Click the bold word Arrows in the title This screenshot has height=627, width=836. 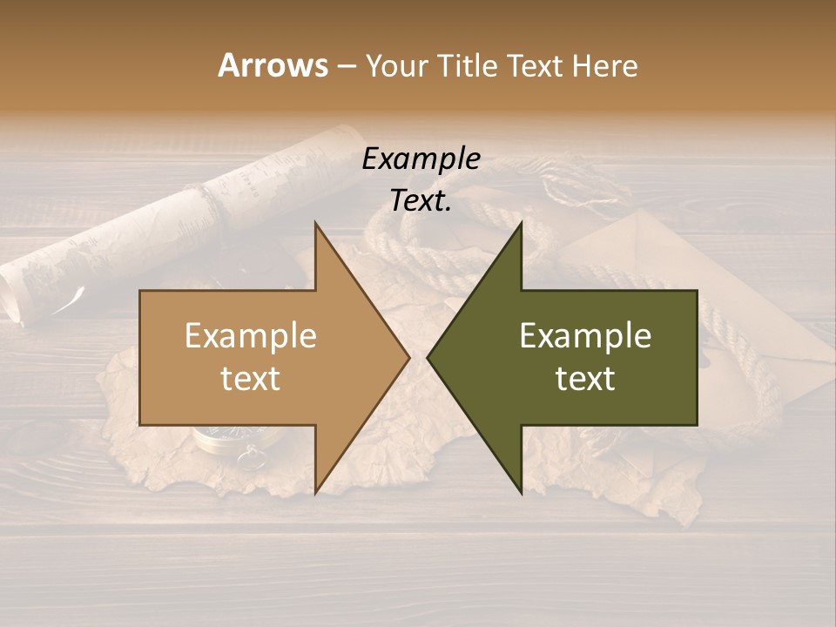pos(273,65)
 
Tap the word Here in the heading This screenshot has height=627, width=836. pos(604,65)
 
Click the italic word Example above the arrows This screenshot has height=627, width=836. pos(421,159)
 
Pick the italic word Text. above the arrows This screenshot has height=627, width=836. pos(421,201)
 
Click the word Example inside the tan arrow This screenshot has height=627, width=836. pos(251,335)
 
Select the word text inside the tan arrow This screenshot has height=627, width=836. pos(251,379)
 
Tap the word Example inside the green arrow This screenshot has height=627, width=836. pos(585,335)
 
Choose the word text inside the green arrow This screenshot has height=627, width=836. pos(585,379)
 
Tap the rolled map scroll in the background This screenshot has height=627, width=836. pos(174,218)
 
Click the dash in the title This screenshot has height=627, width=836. pos(346,66)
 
